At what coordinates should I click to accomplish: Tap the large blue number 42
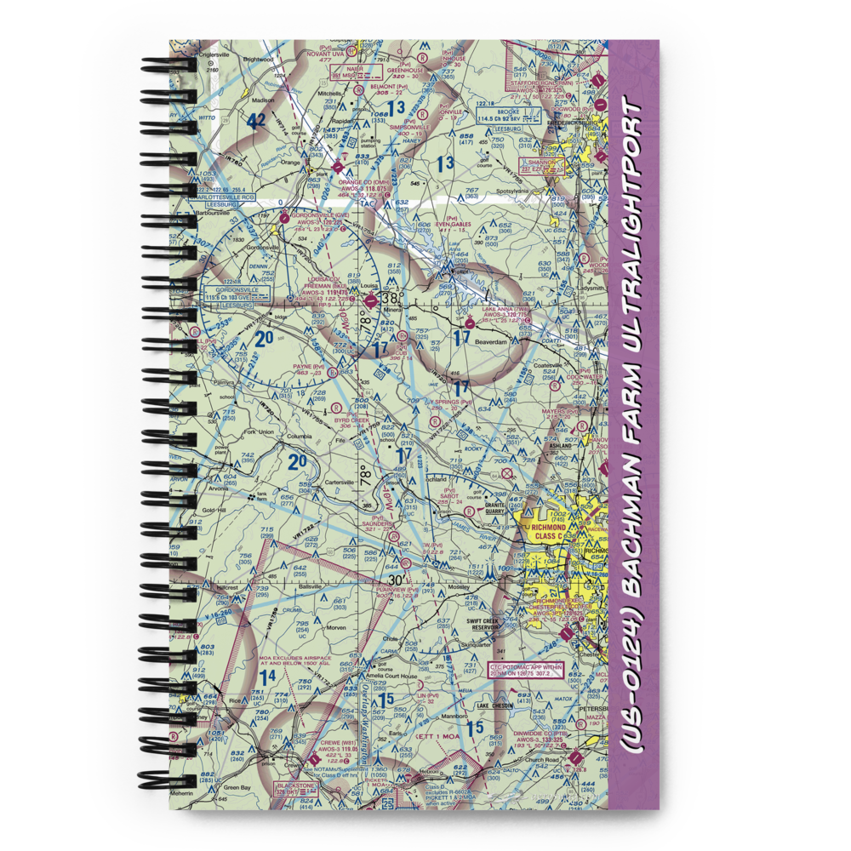pos(256,122)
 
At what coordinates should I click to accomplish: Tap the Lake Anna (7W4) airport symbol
pos(469,323)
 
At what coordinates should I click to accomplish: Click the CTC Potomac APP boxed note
pos(525,671)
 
